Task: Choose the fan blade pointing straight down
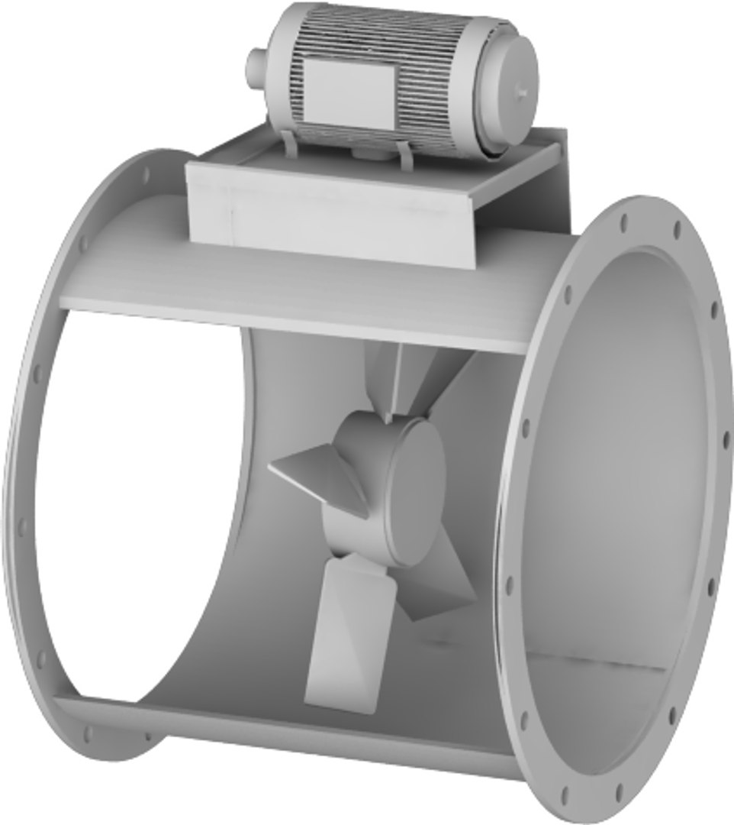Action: (x=343, y=634)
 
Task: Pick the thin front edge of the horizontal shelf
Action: (x=290, y=321)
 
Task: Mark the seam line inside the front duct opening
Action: (x=595, y=662)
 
